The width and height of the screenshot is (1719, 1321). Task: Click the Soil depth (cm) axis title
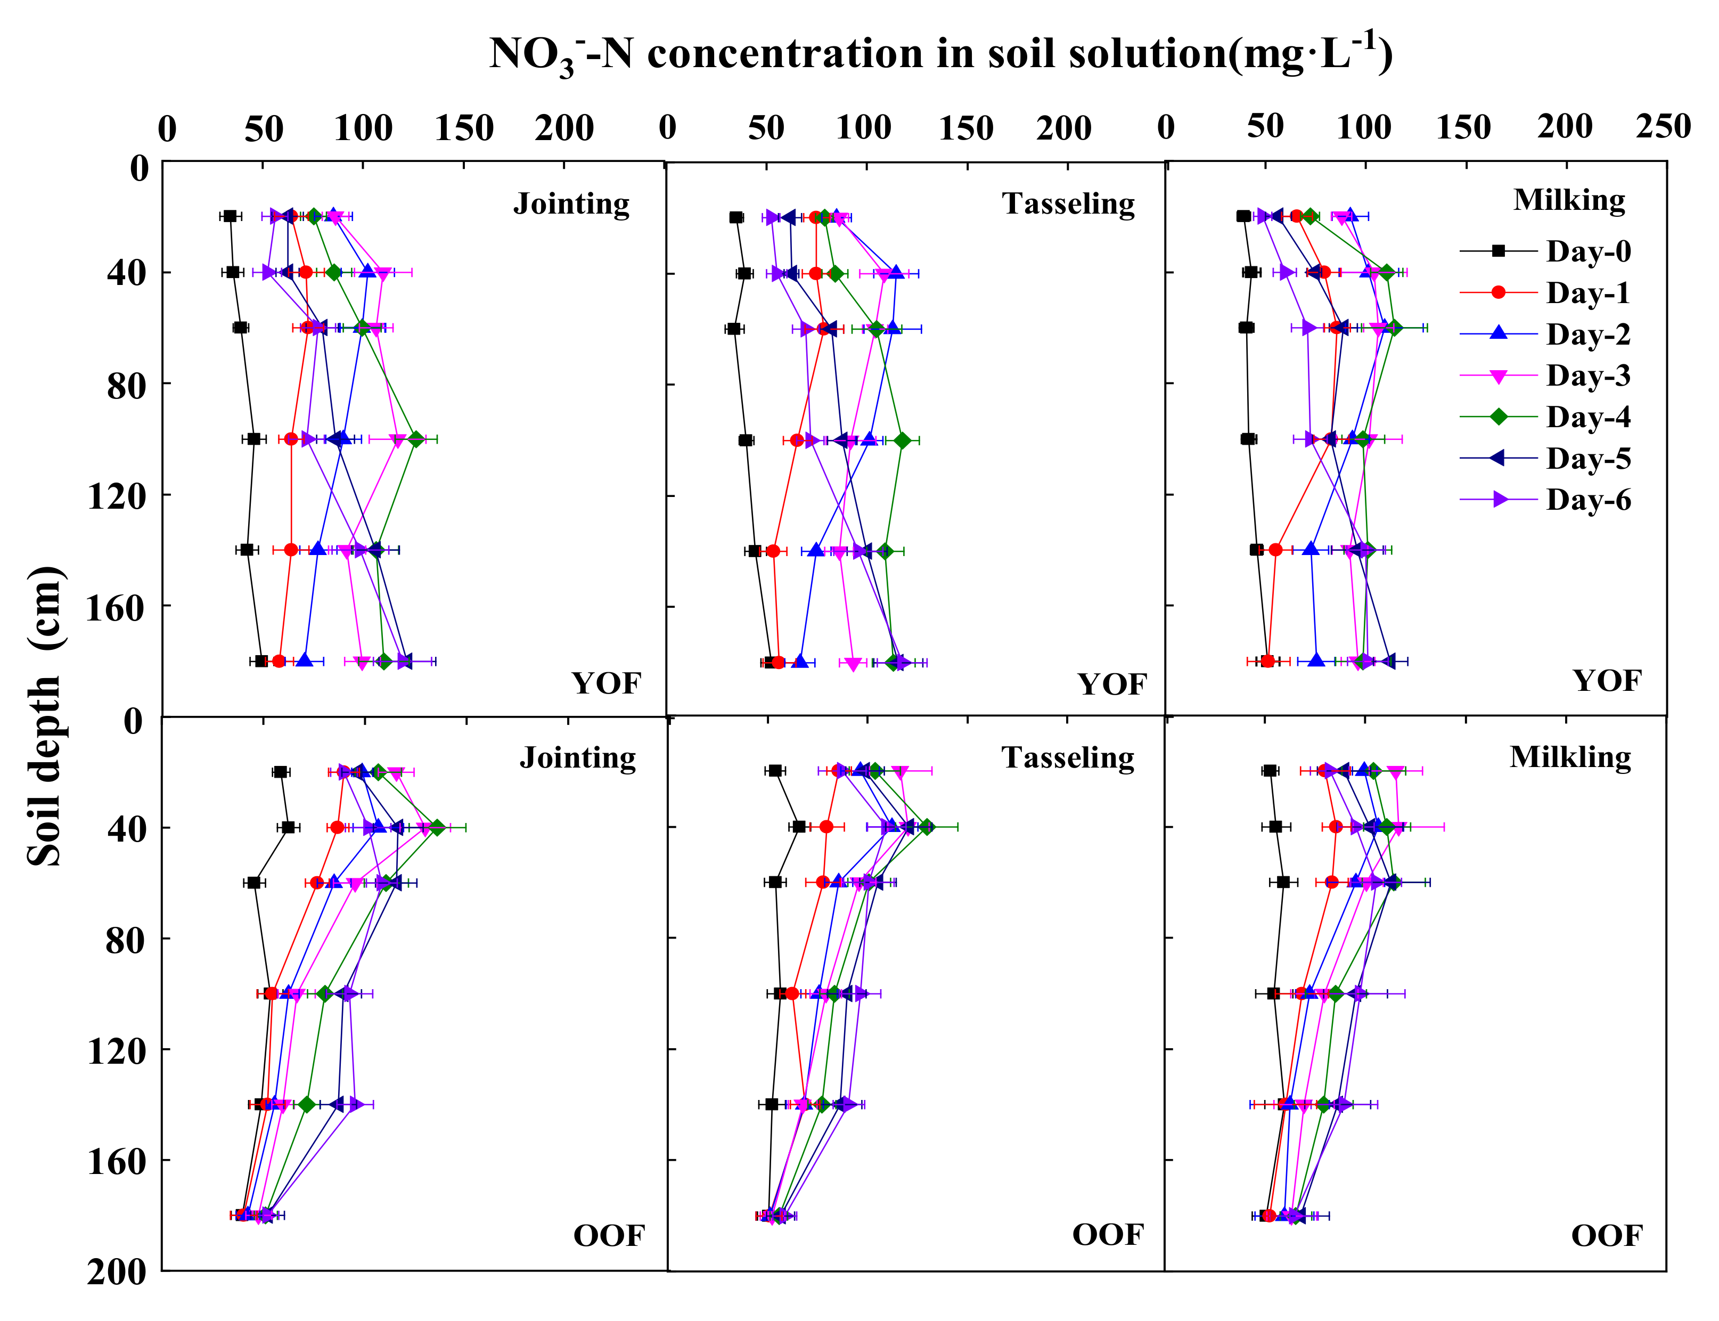click(x=46, y=715)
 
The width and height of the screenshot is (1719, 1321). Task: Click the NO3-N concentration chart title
click(x=940, y=53)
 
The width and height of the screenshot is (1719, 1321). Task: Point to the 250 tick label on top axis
click(x=1663, y=127)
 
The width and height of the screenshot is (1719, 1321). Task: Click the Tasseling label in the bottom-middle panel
click(x=1067, y=757)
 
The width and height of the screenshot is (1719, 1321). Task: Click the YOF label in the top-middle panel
click(x=1111, y=684)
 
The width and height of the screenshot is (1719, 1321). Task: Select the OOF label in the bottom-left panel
click(x=608, y=1236)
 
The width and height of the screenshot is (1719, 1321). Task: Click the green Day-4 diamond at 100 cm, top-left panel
click(x=416, y=439)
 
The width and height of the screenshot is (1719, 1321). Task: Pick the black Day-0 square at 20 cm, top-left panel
click(x=230, y=216)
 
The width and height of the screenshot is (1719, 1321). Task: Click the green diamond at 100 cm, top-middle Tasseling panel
click(x=902, y=441)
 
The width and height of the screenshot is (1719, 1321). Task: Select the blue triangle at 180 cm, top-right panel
click(x=1316, y=661)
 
